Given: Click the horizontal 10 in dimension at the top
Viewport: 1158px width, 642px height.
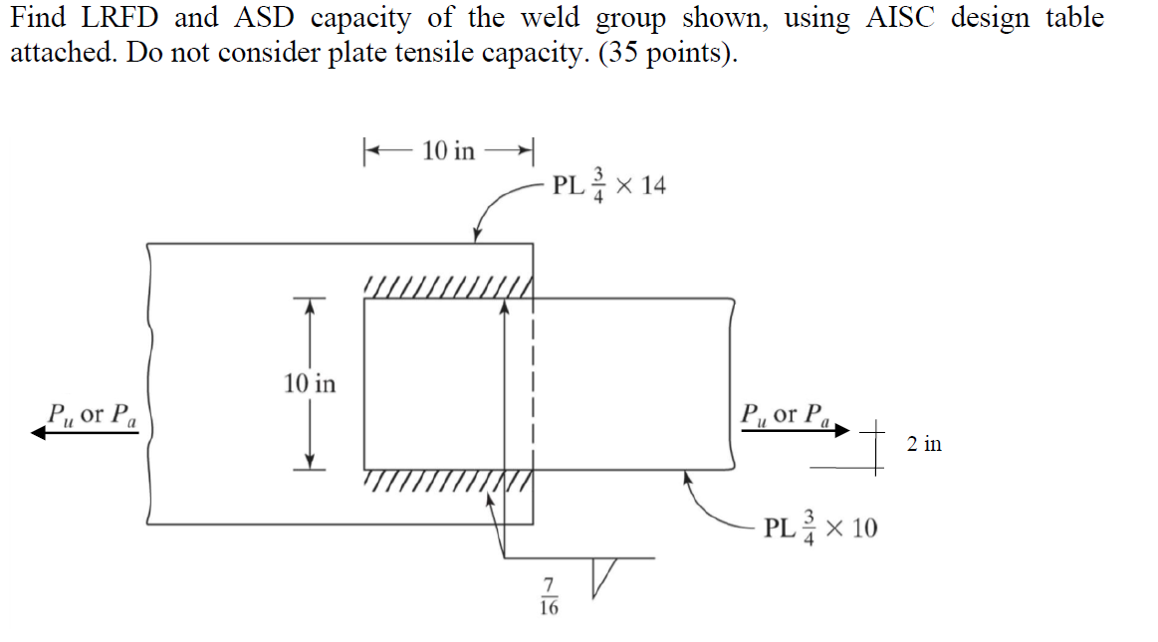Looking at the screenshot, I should pos(449,150).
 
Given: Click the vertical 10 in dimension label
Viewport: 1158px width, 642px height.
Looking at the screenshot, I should pos(310,382).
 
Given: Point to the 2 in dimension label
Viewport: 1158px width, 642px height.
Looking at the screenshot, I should pos(924,444).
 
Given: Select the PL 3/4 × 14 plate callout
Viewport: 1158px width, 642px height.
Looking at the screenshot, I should pos(608,186).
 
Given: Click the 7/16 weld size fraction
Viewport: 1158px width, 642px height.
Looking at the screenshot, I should pos(548,595).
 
